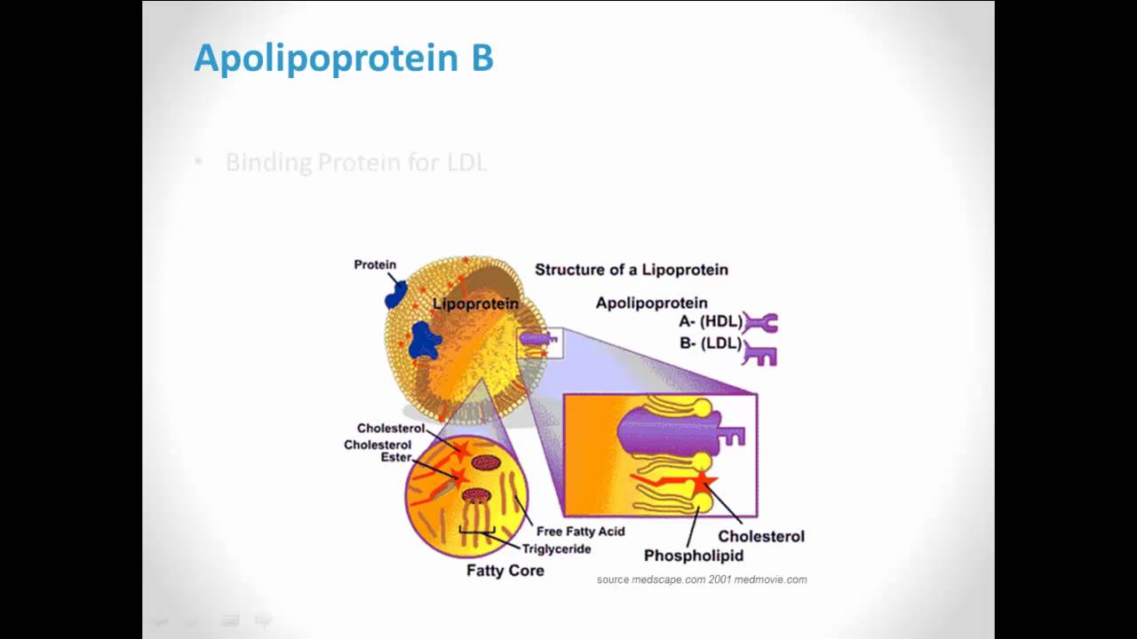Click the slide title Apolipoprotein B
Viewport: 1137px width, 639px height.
pyautogui.click(x=343, y=59)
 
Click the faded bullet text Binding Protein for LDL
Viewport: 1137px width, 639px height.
pyautogui.click(x=355, y=162)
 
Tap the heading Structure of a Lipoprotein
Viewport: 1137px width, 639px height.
pyautogui.click(x=631, y=270)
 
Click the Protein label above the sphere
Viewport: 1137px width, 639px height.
pyautogui.click(x=375, y=264)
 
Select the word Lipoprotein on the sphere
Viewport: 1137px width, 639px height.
pyautogui.click(x=475, y=304)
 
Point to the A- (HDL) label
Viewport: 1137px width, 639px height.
pyautogui.click(x=710, y=322)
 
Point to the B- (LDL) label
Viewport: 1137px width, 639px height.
pyautogui.click(x=710, y=343)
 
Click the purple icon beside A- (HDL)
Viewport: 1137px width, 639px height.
pyautogui.click(x=760, y=323)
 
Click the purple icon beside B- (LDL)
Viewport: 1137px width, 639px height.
pyautogui.click(x=760, y=353)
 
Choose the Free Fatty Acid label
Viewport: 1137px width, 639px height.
pyautogui.click(x=580, y=531)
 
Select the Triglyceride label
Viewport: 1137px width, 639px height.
pyautogui.click(x=556, y=548)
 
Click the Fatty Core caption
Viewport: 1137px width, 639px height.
pyautogui.click(x=505, y=571)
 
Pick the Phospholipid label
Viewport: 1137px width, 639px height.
pyautogui.click(x=693, y=556)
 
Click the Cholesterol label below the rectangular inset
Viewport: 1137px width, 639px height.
pyautogui.click(x=760, y=536)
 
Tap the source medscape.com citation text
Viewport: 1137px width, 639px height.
pyautogui.click(x=701, y=580)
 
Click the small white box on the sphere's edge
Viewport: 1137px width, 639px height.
pyautogui.click(x=540, y=342)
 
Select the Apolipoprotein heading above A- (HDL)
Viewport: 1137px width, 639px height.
pyautogui.click(x=651, y=303)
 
